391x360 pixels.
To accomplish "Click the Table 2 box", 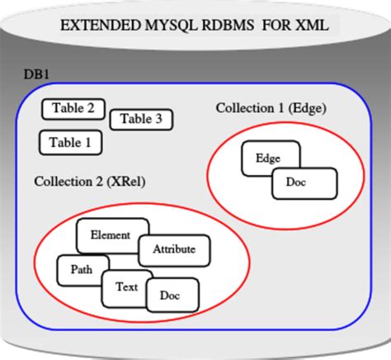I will click(73, 108).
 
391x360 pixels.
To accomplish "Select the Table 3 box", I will click(140, 120).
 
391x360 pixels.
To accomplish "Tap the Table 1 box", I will click(70, 142).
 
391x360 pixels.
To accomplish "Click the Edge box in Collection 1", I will click(268, 157).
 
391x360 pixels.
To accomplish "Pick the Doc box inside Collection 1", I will click(304, 183).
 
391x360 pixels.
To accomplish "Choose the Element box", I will click(111, 235).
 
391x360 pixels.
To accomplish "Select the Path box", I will click(80, 268).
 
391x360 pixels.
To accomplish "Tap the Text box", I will click(126, 287).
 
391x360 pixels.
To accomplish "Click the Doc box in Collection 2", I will click(172, 295).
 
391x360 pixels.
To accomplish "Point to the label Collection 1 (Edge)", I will click(271, 108).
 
